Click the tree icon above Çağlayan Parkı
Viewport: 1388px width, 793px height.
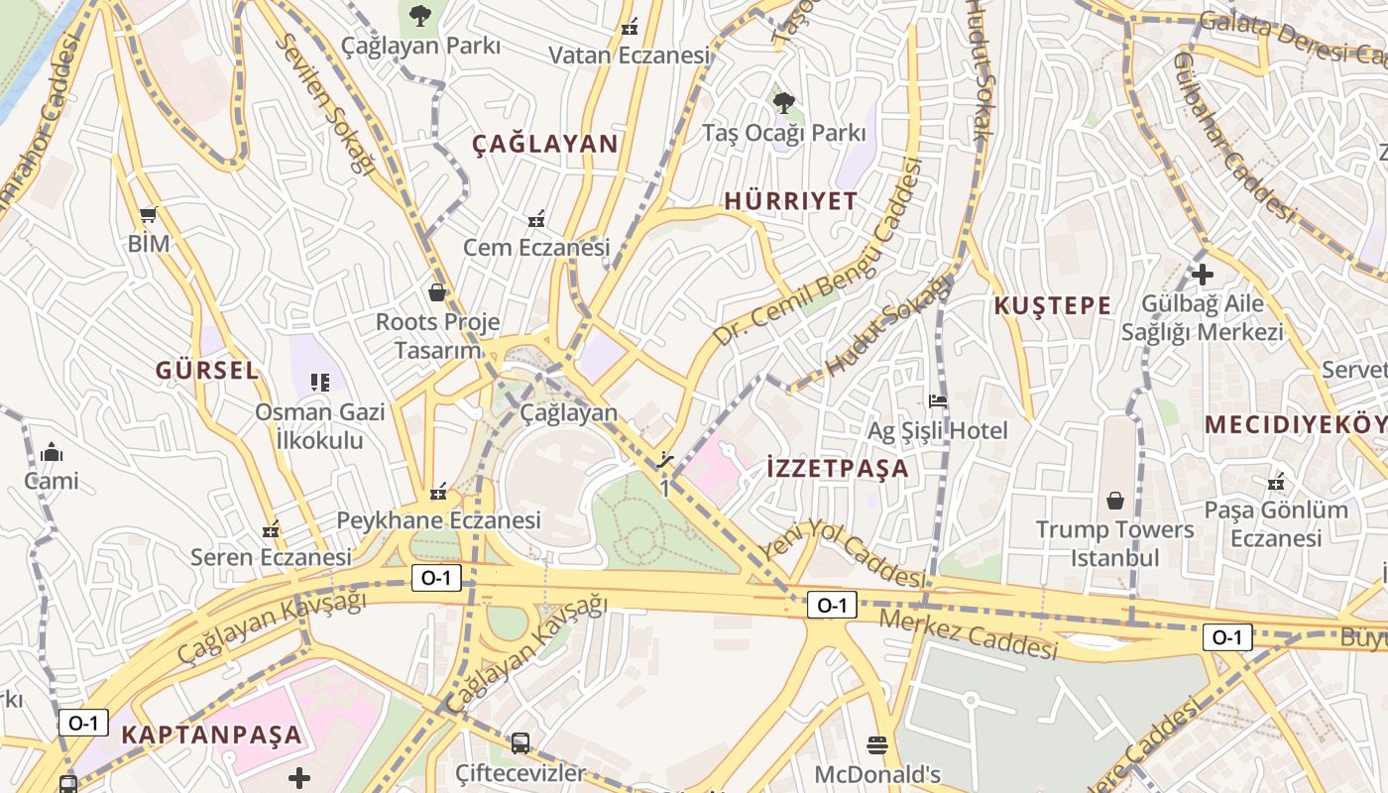pos(420,15)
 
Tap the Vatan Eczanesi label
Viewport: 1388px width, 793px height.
pos(630,56)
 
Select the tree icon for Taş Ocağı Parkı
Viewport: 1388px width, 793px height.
pos(783,101)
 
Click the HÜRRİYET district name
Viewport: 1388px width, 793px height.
pos(790,201)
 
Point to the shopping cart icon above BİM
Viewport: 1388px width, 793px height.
pos(149,214)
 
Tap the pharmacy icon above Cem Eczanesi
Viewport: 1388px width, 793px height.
pos(536,218)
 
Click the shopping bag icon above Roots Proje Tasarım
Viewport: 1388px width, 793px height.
pos(436,292)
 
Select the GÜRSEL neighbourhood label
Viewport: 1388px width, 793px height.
pos(206,371)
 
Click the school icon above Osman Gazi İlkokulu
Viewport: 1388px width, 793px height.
pos(319,382)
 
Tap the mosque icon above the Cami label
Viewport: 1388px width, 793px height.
pos(52,453)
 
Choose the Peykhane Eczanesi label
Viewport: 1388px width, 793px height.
pos(438,520)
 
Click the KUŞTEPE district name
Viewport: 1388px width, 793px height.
pos(1052,305)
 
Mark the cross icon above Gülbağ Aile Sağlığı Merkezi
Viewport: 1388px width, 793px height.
pos(1203,275)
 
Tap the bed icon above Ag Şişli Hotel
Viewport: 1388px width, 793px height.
pos(937,401)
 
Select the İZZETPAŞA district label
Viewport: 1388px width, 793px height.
pos(838,468)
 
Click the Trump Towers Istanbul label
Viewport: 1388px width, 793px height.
pos(1114,543)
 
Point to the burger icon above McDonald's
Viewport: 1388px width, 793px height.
pos(876,743)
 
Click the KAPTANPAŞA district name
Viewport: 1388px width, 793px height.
pos(211,736)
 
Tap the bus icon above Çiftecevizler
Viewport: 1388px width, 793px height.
pos(520,742)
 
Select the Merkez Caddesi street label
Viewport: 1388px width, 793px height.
pos(969,635)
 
